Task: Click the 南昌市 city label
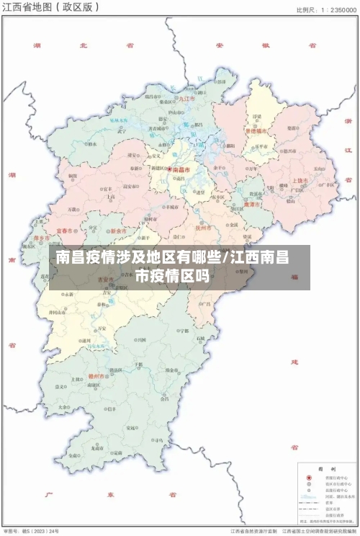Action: [182, 170]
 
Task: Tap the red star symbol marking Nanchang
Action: [170, 170]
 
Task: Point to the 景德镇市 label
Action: [256, 131]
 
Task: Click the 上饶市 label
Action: [300, 180]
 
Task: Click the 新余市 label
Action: [119, 231]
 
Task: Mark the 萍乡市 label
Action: [42, 237]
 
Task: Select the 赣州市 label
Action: [96, 376]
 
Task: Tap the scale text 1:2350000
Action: [333, 9]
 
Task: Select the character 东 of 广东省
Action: [112, 495]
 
